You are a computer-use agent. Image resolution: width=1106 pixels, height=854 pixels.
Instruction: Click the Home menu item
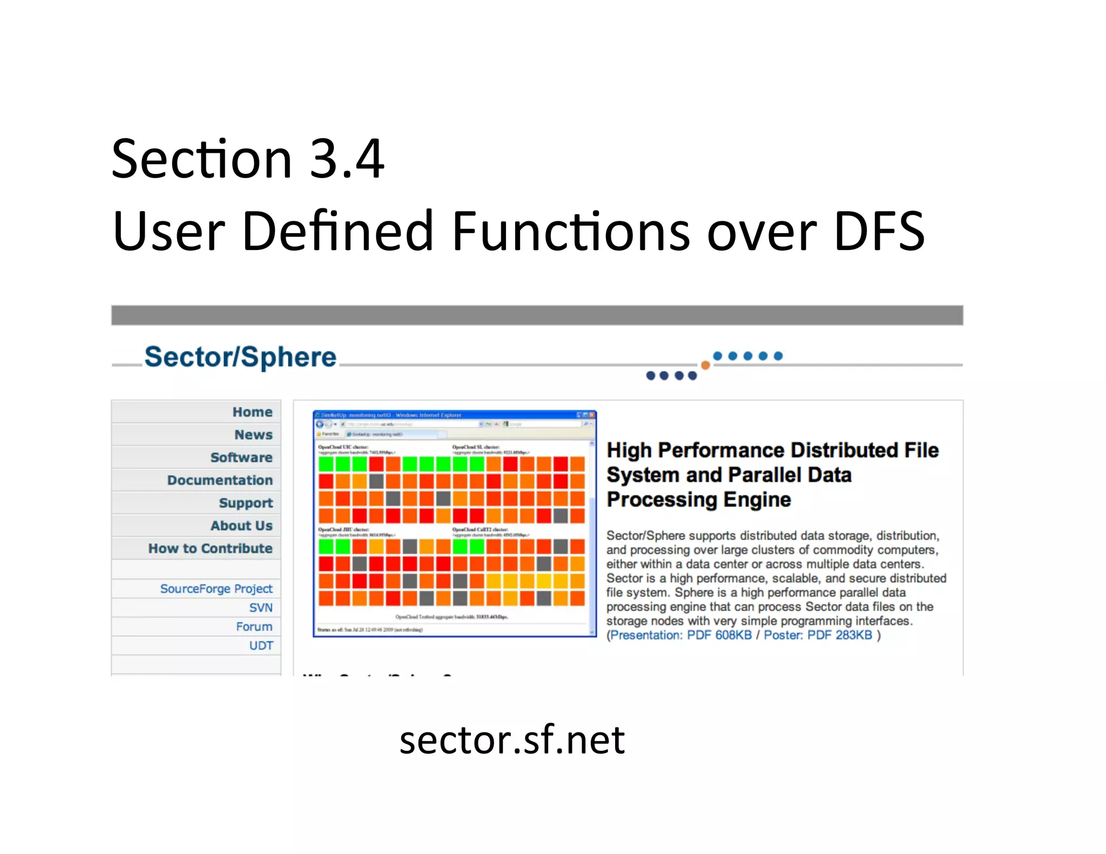(x=252, y=412)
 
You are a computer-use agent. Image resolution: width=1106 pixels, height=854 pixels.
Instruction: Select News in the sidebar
(x=253, y=435)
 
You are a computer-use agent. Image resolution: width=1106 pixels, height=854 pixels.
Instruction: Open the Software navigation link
(x=241, y=457)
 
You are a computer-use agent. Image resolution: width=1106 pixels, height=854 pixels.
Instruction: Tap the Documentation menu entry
(x=220, y=480)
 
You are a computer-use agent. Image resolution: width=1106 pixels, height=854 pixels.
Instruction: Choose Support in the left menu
(x=246, y=503)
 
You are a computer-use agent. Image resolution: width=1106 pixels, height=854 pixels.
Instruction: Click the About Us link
(x=241, y=525)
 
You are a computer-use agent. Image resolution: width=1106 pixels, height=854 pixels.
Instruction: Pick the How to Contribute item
(x=210, y=548)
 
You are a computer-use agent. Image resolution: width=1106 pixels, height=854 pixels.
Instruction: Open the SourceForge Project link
(x=216, y=588)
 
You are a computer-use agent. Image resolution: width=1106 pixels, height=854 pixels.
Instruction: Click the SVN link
(x=261, y=607)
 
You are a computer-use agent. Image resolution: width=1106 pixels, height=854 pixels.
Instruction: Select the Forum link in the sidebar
(x=254, y=626)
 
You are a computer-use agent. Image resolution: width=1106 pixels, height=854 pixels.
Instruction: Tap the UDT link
(x=261, y=645)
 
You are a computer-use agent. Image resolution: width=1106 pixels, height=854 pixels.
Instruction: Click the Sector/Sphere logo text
(x=240, y=357)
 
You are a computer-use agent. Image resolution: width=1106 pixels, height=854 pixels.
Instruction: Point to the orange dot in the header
(x=705, y=365)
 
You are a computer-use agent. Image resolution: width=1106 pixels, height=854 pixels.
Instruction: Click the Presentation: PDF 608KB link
(x=681, y=635)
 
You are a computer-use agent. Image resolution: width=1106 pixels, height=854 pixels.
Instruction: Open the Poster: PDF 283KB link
(x=818, y=635)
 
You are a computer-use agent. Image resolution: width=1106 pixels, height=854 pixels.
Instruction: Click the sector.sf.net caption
(x=512, y=740)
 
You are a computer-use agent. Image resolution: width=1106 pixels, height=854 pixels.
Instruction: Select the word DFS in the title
(x=879, y=231)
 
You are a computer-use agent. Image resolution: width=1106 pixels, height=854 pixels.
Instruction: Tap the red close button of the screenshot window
(x=592, y=415)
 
